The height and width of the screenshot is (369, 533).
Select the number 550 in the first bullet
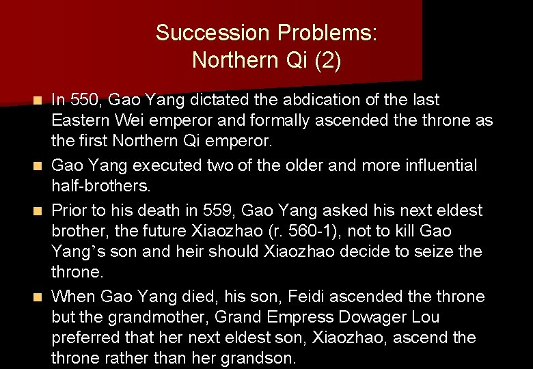(85, 100)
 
